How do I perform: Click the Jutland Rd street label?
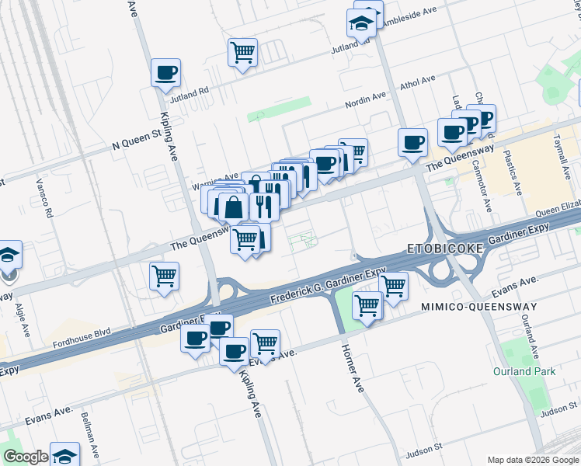193,91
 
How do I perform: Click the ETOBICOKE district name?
445,249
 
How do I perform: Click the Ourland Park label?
524,371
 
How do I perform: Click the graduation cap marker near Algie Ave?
9,255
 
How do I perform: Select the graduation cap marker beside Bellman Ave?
65,455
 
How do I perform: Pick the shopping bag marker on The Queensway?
233,207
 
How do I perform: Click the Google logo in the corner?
26,457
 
